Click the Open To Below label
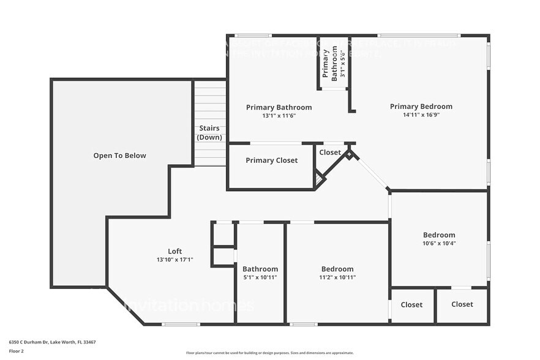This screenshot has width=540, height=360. [119, 156]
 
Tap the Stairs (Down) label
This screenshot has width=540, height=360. [209, 133]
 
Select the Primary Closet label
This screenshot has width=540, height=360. [271, 160]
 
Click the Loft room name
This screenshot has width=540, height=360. [174, 251]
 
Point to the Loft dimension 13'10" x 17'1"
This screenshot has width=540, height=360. [174, 260]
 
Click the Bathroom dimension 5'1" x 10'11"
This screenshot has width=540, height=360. [260, 277]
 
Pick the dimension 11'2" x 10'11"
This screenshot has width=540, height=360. [337, 277]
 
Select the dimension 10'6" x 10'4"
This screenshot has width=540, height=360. [439, 243]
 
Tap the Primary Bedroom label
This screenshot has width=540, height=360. [421, 107]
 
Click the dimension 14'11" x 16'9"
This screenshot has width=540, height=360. [421, 114]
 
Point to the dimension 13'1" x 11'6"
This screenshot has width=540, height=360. [279, 116]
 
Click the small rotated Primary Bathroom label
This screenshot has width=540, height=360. [330, 63]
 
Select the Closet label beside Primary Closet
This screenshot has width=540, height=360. [330, 152]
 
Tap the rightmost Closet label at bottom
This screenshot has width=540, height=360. [462, 304]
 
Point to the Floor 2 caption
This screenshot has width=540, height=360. [16, 351]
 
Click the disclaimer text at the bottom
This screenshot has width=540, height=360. [269, 353]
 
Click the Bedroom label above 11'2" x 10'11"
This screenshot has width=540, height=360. [337, 269]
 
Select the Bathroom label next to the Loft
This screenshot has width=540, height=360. [260, 269]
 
